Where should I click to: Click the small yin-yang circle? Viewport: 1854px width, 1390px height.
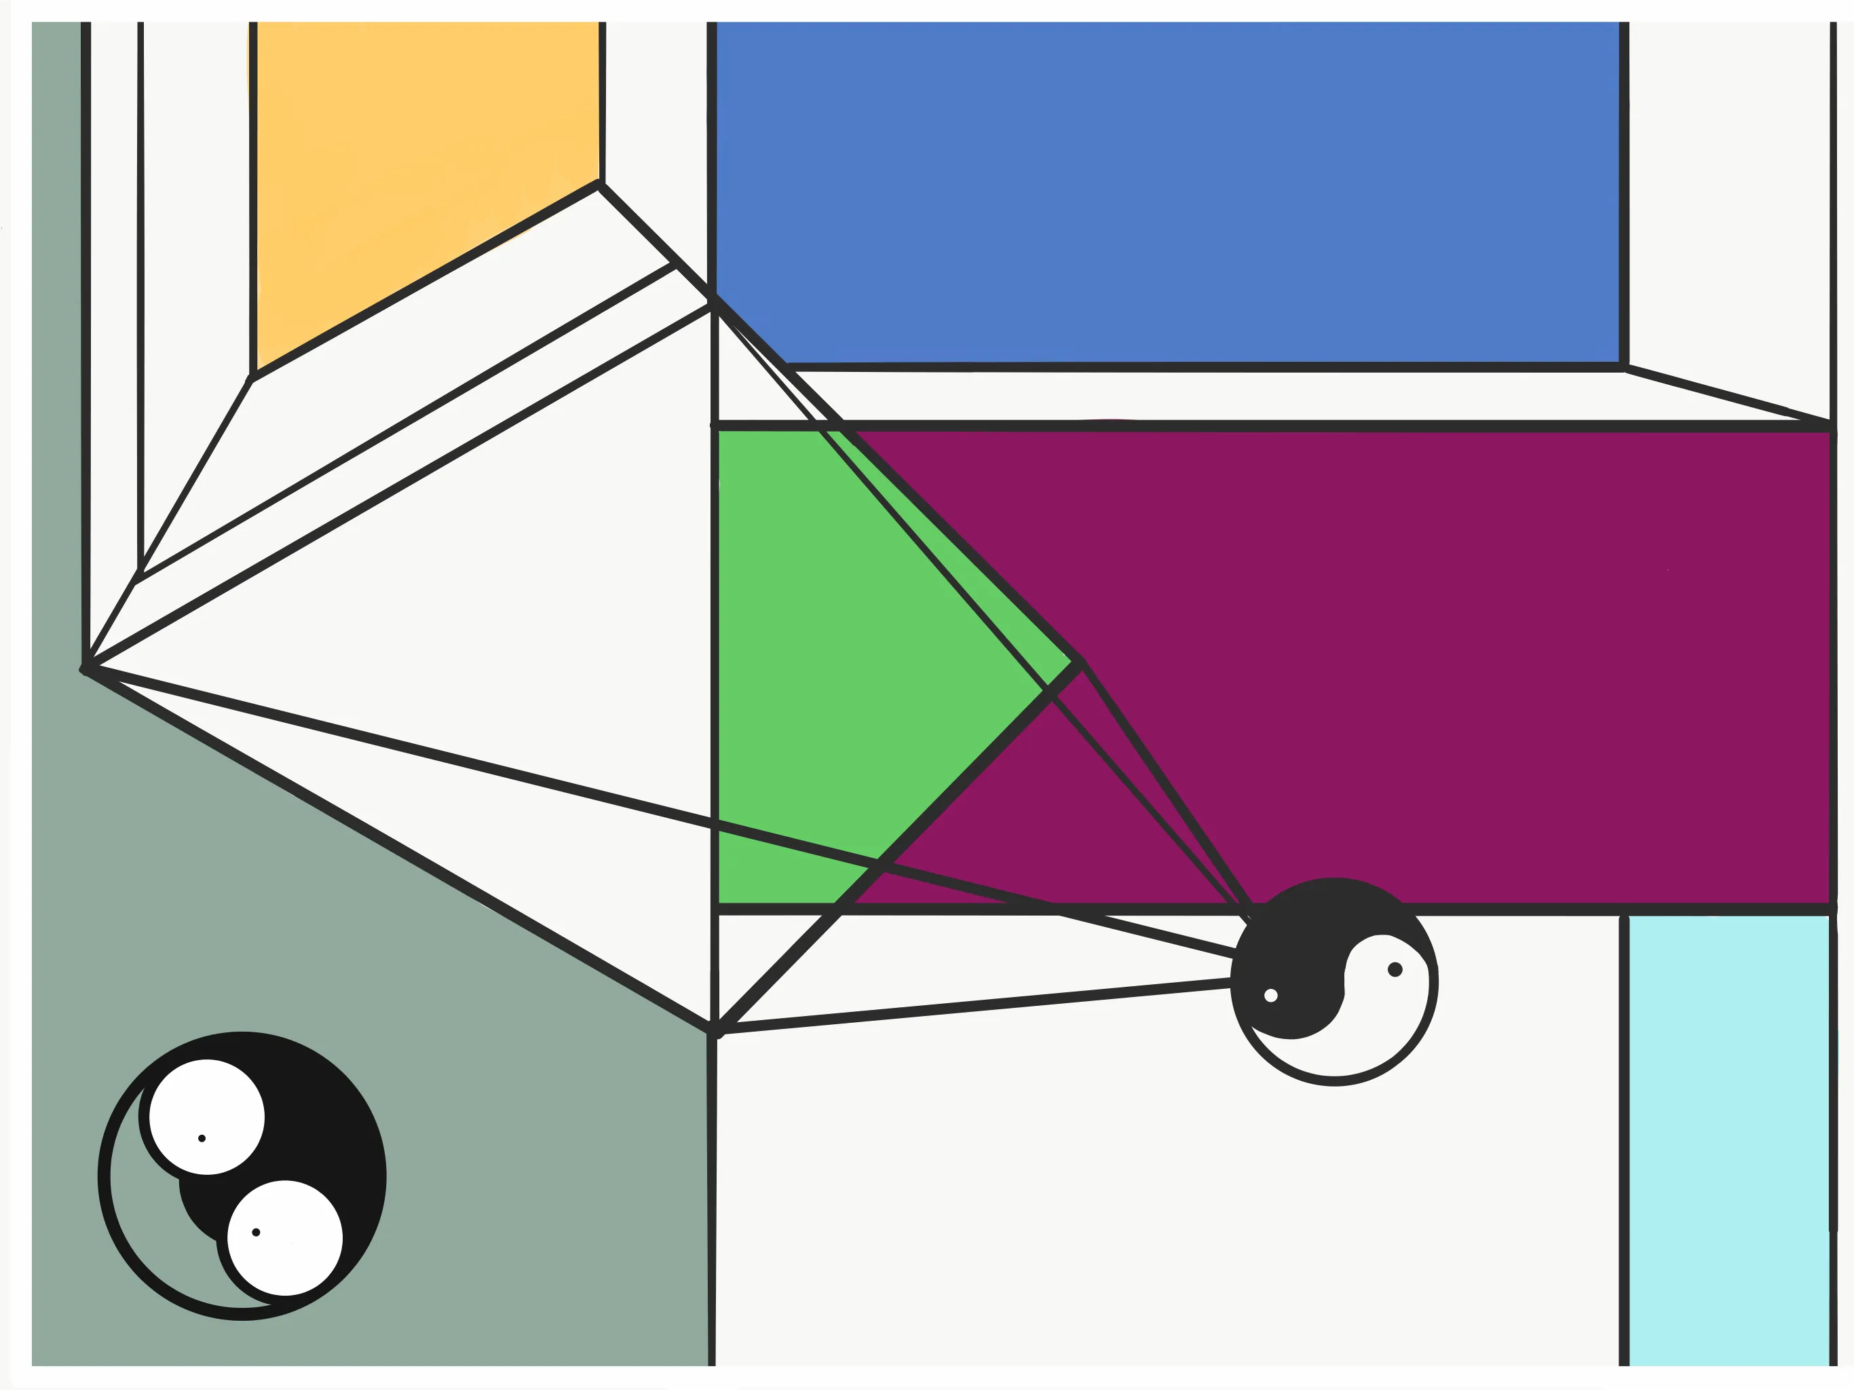(x=1333, y=981)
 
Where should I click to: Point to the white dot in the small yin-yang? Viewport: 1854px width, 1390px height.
(x=1270, y=995)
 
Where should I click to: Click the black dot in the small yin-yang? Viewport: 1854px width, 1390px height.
(x=1395, y=969)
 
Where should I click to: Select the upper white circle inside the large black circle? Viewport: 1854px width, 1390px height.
(x=206, y=1116)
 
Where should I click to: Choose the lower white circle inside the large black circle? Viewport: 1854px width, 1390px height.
(x=285, y=1237)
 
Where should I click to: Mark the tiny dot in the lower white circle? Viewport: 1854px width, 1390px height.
(x=257, y=1233)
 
